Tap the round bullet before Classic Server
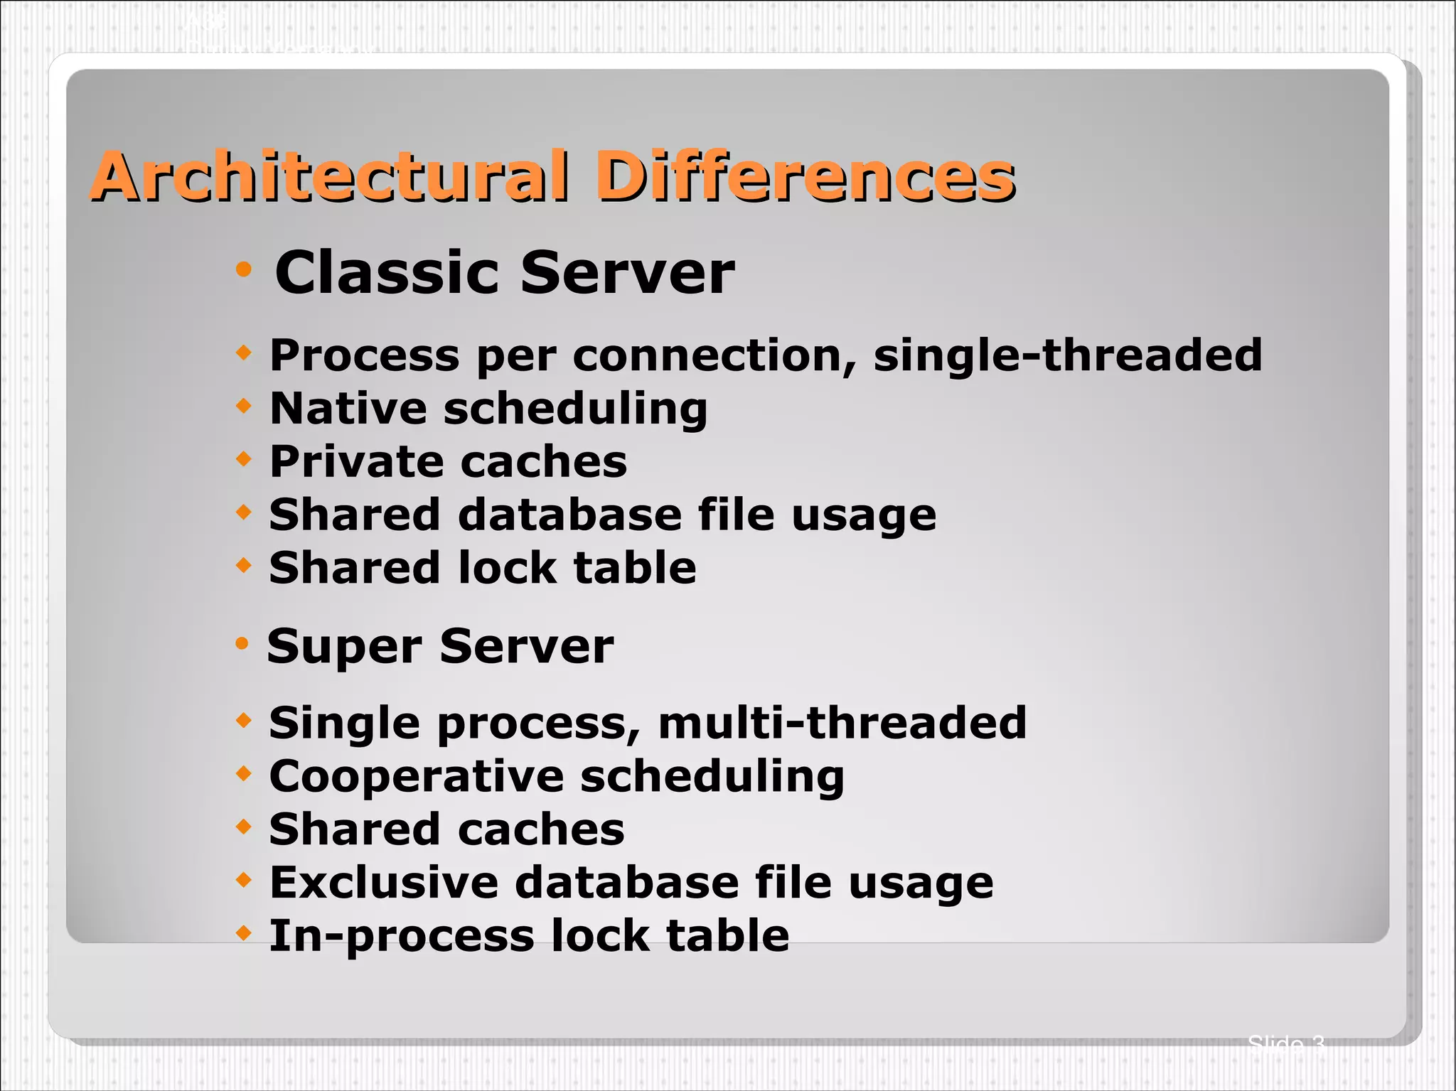click(x=244, y=269)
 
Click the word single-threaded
click(x=1067, y=355)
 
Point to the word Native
click(x=348, y=409)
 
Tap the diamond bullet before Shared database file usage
click(x=244, y=512)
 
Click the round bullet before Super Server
click(x=242, y=644)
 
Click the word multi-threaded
click(x=842, y=723)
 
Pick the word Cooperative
click(x=415, y=776)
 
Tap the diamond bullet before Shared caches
click(x=244, y=827)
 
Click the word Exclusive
click(x=384, y=883)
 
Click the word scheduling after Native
click(x=576, y=410)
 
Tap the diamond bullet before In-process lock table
click(x=244, y=933)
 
